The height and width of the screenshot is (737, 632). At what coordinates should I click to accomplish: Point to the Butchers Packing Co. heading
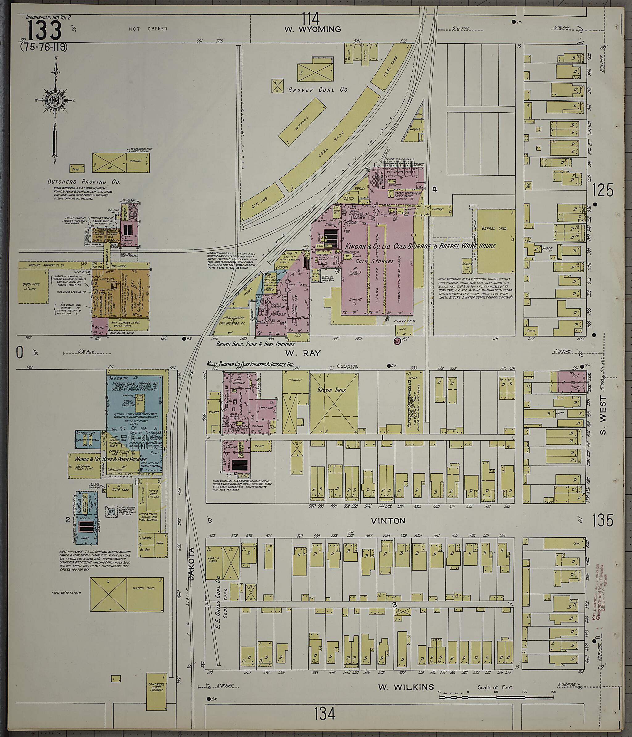click(84, 182)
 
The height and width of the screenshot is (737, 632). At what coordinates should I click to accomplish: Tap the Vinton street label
click(388, 521)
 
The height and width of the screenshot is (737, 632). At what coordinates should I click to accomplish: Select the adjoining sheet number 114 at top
click(311, 17)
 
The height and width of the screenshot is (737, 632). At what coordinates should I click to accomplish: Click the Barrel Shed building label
click(494, 228)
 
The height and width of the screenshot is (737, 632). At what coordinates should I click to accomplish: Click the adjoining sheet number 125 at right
click(603, 191)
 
